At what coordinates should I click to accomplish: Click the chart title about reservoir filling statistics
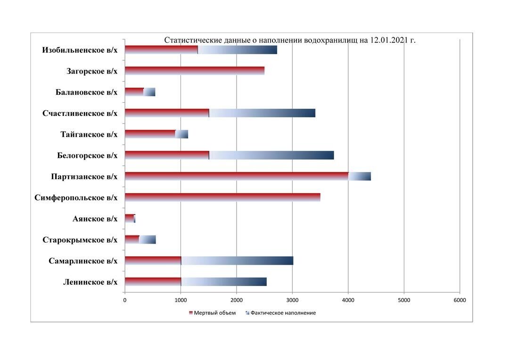click(289, 41)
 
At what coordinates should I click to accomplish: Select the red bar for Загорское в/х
click(194, 71)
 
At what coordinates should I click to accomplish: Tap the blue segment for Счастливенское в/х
click(262, 113)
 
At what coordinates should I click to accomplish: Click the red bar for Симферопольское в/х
click(222, 197)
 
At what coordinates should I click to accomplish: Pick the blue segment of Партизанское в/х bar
click(360, 176)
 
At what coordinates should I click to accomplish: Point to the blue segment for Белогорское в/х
click(271, 155)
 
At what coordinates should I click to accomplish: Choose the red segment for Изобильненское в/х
click(161, 50)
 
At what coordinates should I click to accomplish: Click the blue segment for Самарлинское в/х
click(237, 261)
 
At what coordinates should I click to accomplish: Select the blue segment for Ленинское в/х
click(224, 282)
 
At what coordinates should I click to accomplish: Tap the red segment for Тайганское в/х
click(150, 134)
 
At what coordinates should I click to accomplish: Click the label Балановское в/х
click(86, 92)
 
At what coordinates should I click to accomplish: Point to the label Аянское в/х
click(95, 219)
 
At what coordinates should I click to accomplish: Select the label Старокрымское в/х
click(80, 240)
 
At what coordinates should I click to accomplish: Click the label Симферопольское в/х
click(76, 198)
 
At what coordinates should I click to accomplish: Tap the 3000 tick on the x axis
click(292, 300)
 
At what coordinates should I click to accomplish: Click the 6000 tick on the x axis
click(460, 300)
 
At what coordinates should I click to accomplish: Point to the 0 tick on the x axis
click(125, 300)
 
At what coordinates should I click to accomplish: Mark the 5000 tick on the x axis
click(404, 300)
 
